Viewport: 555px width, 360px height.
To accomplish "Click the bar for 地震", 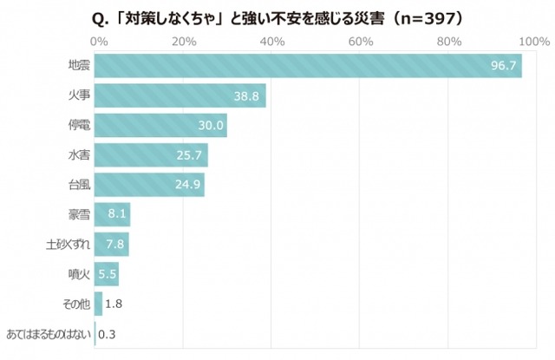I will click(304, 66).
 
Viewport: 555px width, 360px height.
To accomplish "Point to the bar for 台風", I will click(147, 185).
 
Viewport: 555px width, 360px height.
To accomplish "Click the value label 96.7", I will click(503, 66).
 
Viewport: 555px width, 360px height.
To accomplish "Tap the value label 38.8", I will click(247, 96).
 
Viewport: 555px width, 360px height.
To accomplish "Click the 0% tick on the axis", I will click(98, 42).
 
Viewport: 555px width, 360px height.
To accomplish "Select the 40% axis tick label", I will click(272, 42).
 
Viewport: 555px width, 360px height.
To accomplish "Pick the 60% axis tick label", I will click(360, 42).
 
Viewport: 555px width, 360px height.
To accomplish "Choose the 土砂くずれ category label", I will click(68, 245).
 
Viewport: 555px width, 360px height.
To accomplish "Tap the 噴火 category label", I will click(78, 275).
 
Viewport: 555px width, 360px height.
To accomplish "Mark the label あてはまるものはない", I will click(48, 334).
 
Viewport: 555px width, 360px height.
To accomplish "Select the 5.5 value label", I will click(108, 275).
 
